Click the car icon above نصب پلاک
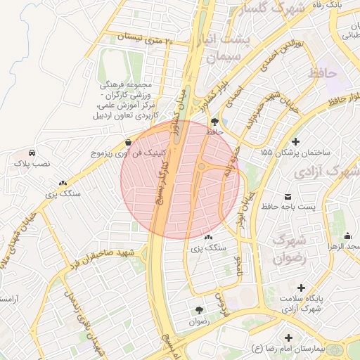click(32, 153)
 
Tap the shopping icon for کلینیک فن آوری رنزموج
click(127, 141)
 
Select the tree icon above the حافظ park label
click(214, 121)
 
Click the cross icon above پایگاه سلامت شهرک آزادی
click(302, 288)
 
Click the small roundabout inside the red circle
click(202, 166)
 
